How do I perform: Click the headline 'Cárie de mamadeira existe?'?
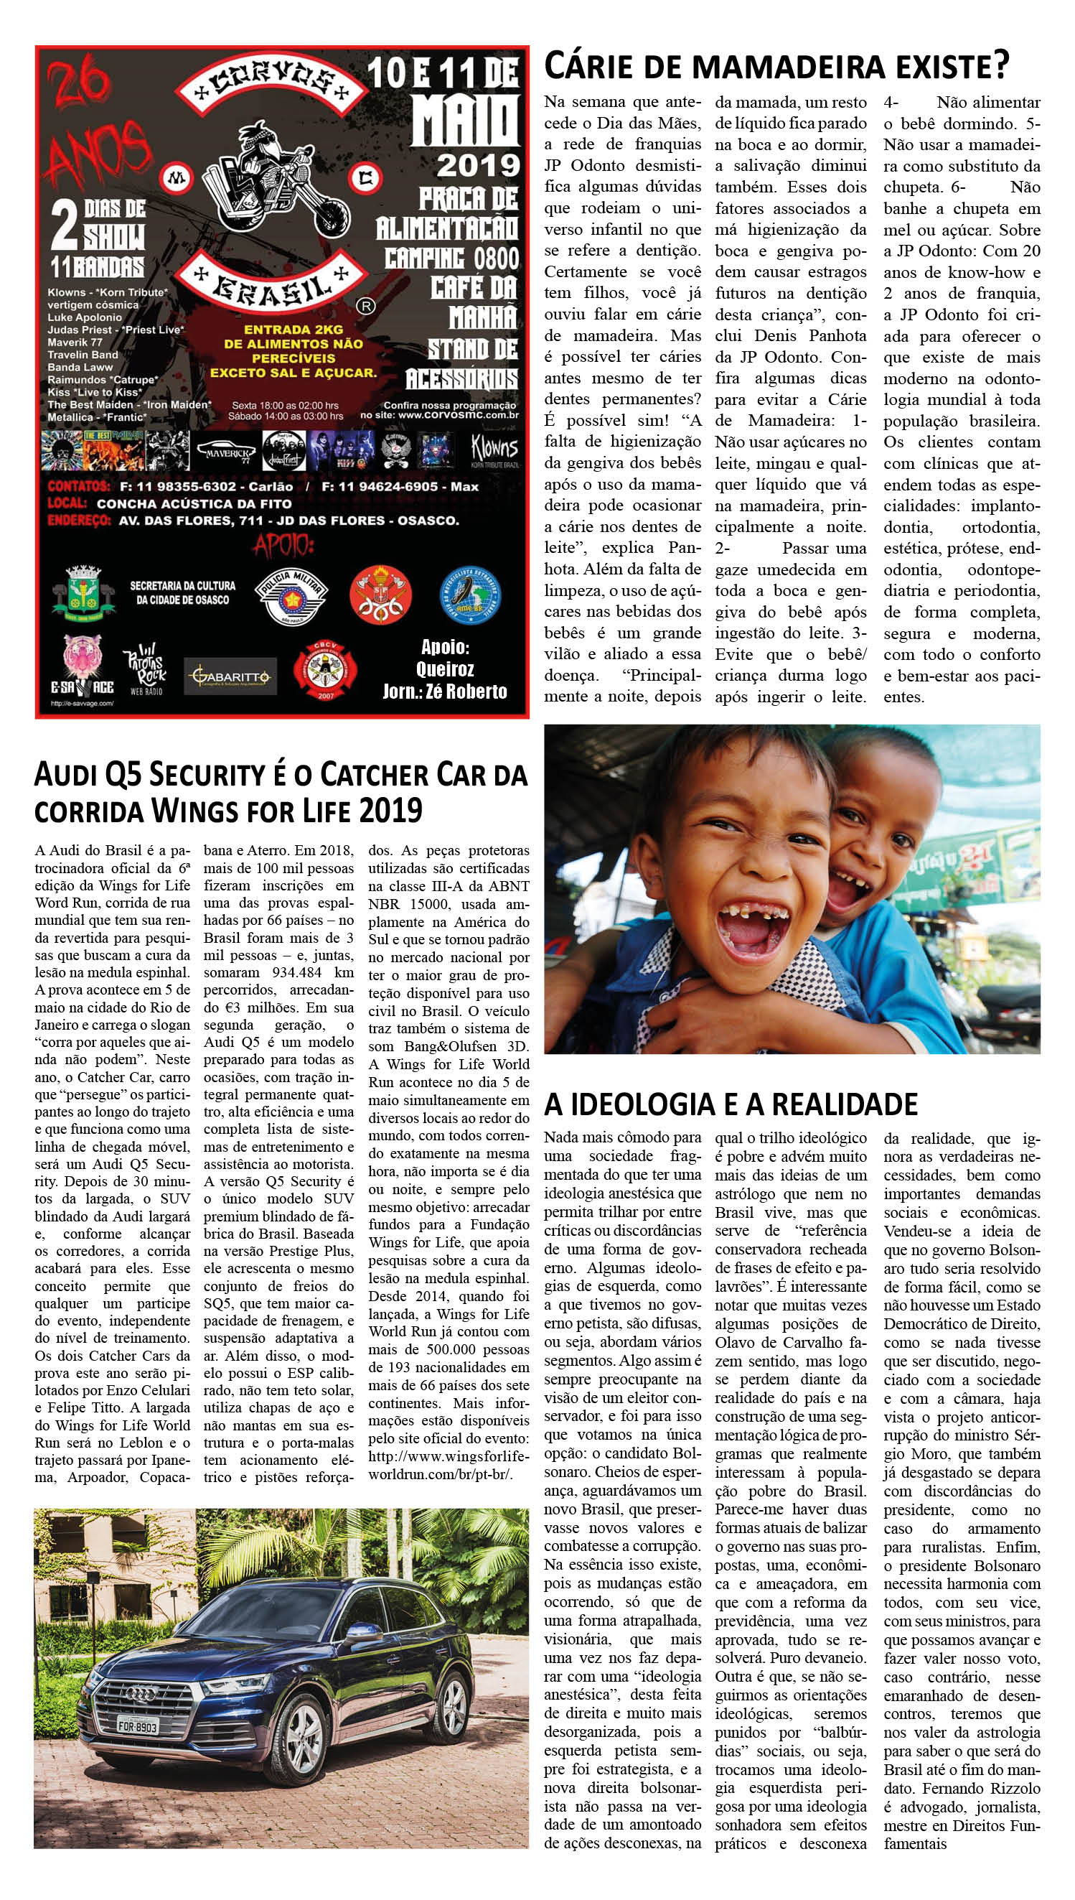(775, 67)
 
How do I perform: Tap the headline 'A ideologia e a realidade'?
(731, 1104)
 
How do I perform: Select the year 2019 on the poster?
(478, 164)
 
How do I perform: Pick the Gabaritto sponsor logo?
(230, 675)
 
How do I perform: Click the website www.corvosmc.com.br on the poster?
(461, 416)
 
